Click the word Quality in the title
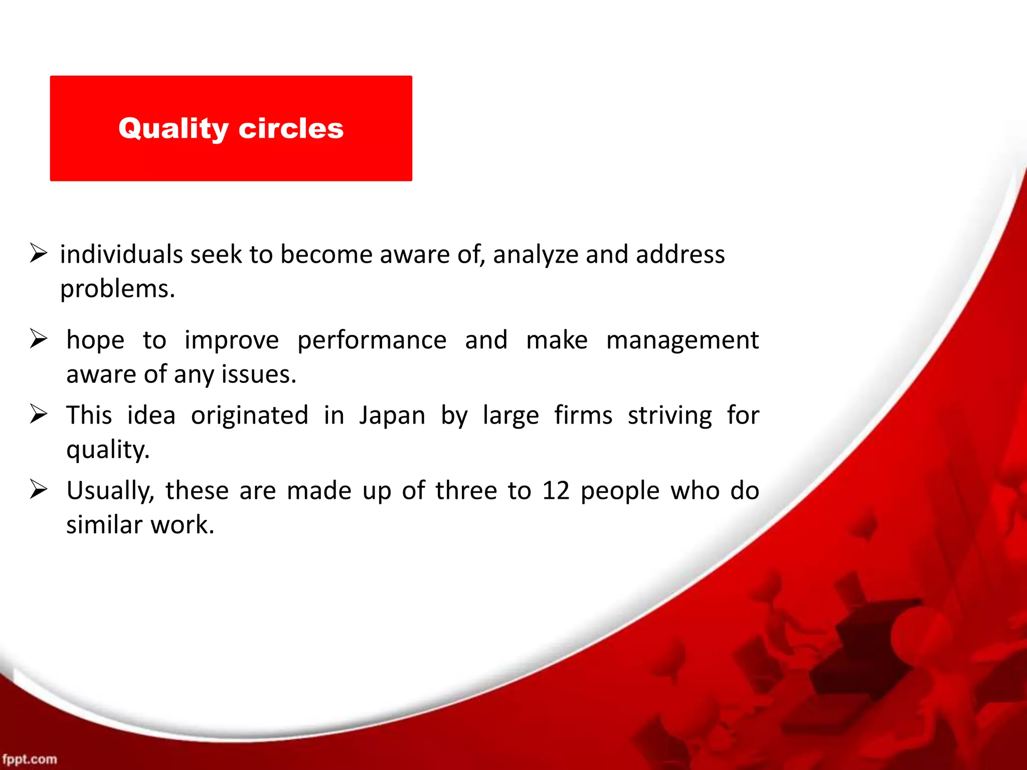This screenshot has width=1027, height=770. tap(173, 129)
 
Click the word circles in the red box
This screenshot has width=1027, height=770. tap(291, 129)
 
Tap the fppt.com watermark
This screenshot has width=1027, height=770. tap(29, 759)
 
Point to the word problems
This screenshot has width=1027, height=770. tap(117, 289)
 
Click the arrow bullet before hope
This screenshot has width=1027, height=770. tap(38, 339)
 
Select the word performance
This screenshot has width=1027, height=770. tap(372, 340)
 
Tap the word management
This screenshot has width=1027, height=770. tap(682, 340)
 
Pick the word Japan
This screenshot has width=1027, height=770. tap(392, 416)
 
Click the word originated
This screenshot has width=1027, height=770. tap(249, 416)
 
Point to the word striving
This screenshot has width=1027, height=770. tap(669, 416)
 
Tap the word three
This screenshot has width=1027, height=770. tap(466, 490)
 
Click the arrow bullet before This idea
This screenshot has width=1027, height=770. tap(38, 414)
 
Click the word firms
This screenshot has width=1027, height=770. tap(583, 416)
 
